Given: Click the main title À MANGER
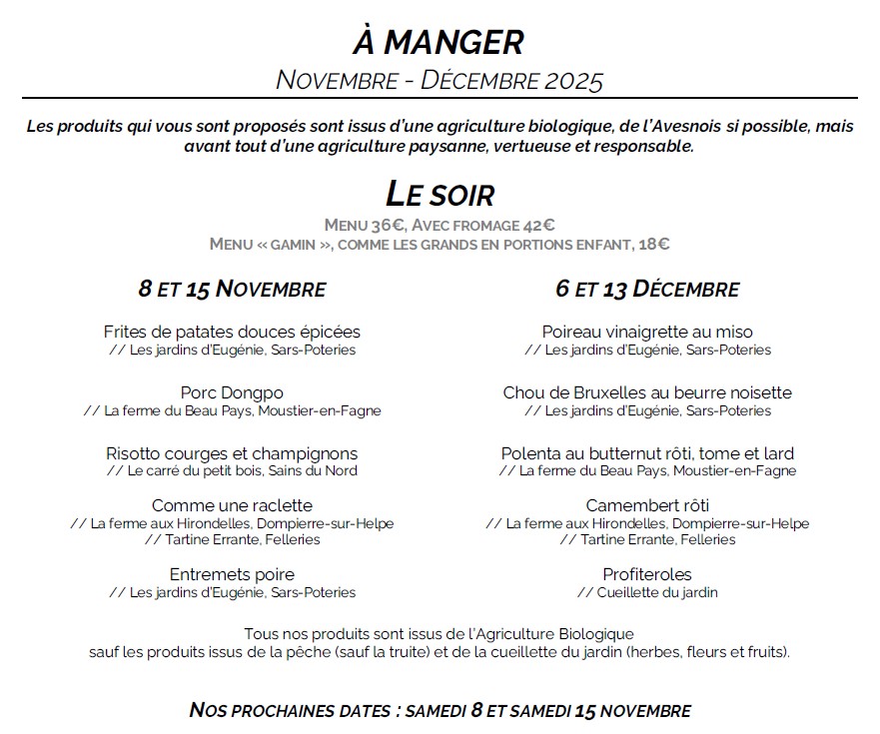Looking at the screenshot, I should tap(439, 42).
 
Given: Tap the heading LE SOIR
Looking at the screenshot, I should tap(440, 193).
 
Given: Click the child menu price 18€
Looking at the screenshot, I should tap(653, 244).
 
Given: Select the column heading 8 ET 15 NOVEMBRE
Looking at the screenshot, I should tap(232, 290).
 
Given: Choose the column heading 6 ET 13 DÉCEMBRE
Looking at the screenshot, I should tap(647, 290).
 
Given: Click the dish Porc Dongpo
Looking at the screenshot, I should tap(232, 392).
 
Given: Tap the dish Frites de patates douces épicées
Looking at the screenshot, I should tap(232, 332).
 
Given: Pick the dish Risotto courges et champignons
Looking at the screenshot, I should tap(232, 453).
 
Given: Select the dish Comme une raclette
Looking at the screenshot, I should tap(232, 505).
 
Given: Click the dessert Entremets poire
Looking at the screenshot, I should tap(232, 574).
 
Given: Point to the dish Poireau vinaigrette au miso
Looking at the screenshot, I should tap(647, 332).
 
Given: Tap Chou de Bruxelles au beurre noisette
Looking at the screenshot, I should tap(647, 392).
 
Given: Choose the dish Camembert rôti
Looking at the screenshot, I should tap(647, 505).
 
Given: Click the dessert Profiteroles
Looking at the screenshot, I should tap(647, 574).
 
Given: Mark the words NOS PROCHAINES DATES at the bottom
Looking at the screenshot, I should tap(289, 711).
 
